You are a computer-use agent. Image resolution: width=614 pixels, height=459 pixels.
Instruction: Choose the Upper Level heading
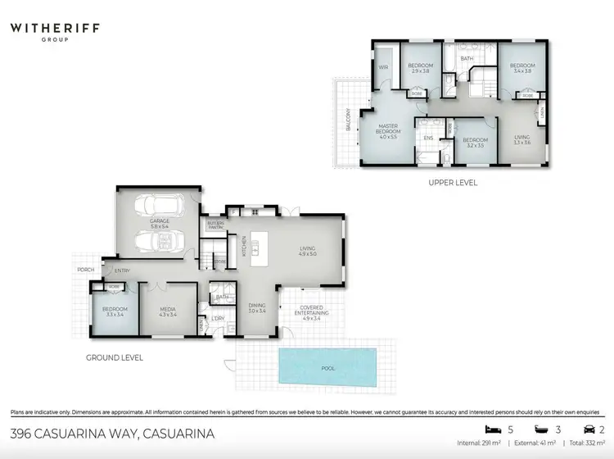453,183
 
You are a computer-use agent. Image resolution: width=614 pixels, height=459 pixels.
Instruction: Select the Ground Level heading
115,357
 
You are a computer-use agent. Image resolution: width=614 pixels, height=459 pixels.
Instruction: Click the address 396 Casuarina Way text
112,434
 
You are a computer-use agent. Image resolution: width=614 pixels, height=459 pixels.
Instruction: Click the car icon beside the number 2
588,429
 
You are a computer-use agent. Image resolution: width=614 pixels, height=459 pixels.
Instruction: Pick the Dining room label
257,307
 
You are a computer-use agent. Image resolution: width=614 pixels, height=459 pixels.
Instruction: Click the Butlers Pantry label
215,225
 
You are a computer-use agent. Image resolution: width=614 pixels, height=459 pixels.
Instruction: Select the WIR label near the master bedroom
382,68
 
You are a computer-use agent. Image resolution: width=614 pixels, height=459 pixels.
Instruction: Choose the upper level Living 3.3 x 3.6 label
522,140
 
